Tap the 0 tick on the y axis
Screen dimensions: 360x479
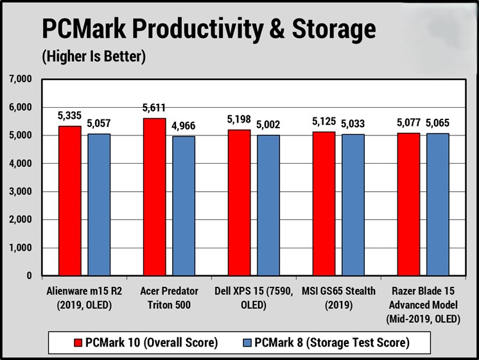point(29,276)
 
